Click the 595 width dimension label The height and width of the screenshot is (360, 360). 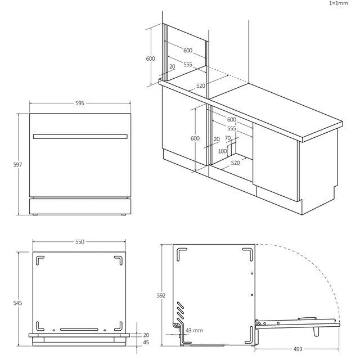(80, 103)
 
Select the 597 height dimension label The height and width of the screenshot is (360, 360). (17, 164)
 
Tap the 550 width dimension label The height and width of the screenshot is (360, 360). (80, 242)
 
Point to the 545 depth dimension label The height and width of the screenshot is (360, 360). (17, 303)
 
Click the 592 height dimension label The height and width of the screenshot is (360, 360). (161, 295)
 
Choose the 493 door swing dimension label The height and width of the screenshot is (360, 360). (298, 349)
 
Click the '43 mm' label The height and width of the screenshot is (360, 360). (194, 330)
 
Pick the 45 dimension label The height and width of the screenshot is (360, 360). (146, 343)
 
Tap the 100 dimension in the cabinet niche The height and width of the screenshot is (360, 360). (222, 151)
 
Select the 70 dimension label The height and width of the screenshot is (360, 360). (228, 138)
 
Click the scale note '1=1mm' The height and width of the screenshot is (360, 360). (339, 3)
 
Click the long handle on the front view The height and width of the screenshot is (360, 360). (80, 137)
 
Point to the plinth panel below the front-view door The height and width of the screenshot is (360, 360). (80, 206)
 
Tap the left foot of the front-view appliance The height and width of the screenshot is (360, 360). (35, 215)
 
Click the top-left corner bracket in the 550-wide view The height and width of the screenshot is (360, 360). (39, 260)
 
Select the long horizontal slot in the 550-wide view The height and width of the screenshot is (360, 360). (79, 330)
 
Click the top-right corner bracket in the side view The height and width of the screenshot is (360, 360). (248, 254)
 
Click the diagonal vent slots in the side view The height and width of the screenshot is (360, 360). (181, 310)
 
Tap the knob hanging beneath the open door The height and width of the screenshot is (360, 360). (316, 332)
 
